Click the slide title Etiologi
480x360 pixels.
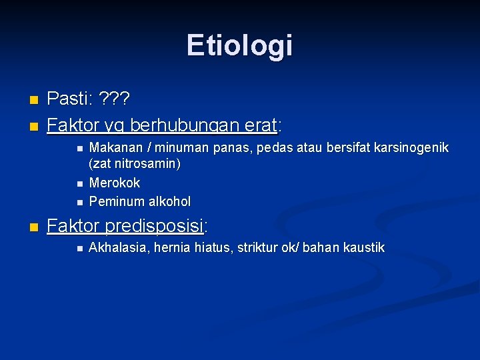pyautogui.click(x=239, y=45)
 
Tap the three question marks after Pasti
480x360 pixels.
pyautogui.click(x=115, y=99)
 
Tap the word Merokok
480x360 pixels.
pyautogui.click(x=115, y=183)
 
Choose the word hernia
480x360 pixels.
pyautogui.click(x=171, y=248)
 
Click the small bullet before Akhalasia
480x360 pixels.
pyautogui.click(x=79, y=249)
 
